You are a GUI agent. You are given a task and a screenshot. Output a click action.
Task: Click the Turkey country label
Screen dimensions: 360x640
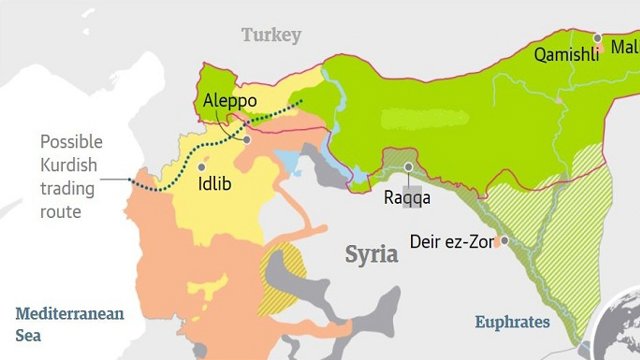pos(270,35)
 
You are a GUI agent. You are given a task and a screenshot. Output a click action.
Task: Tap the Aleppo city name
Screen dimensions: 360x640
pos(230,102)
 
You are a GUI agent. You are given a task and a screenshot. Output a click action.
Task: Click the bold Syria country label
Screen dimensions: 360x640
pos(372,254)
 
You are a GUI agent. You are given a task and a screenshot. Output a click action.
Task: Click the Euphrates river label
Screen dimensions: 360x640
pos(512,322)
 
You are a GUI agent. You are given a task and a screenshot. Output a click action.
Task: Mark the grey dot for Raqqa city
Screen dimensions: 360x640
pos(408,167)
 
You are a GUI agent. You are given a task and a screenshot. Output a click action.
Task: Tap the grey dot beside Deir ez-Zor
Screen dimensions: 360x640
pos(505,241)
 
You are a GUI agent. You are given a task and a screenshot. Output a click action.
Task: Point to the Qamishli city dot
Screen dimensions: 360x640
pos(597,38)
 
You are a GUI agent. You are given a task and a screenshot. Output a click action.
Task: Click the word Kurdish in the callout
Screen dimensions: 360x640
pos(68,164)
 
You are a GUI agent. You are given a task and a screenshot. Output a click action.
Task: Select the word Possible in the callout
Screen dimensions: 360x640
pos(71,142)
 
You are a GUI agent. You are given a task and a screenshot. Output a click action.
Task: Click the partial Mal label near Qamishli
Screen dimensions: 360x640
pos(624,47)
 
